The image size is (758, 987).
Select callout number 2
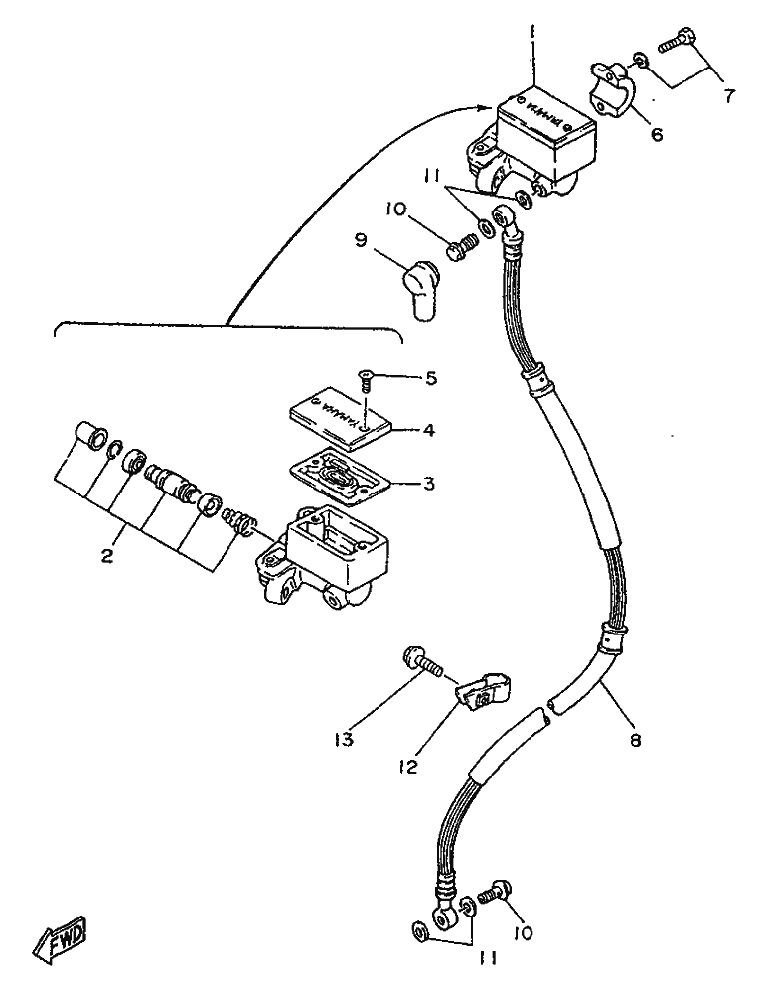coord(107,555)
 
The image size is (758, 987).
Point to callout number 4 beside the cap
coord(429,431)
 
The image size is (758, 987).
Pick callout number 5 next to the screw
coord(429,378)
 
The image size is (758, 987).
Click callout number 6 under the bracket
coord(656,132)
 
